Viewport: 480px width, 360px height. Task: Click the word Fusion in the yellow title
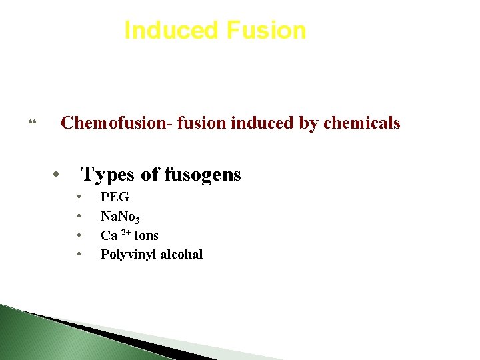266,31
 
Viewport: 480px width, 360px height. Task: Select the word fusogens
203,175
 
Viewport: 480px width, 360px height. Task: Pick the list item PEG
115,197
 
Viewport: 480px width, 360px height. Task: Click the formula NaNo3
120,217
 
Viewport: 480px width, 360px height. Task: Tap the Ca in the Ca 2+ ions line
109,235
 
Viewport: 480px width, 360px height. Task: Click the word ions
146,235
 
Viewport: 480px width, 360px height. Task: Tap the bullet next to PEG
79,197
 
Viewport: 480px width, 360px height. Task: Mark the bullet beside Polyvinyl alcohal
79,254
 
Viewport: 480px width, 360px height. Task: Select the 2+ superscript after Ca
125,233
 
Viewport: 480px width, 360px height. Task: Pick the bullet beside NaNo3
79,216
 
